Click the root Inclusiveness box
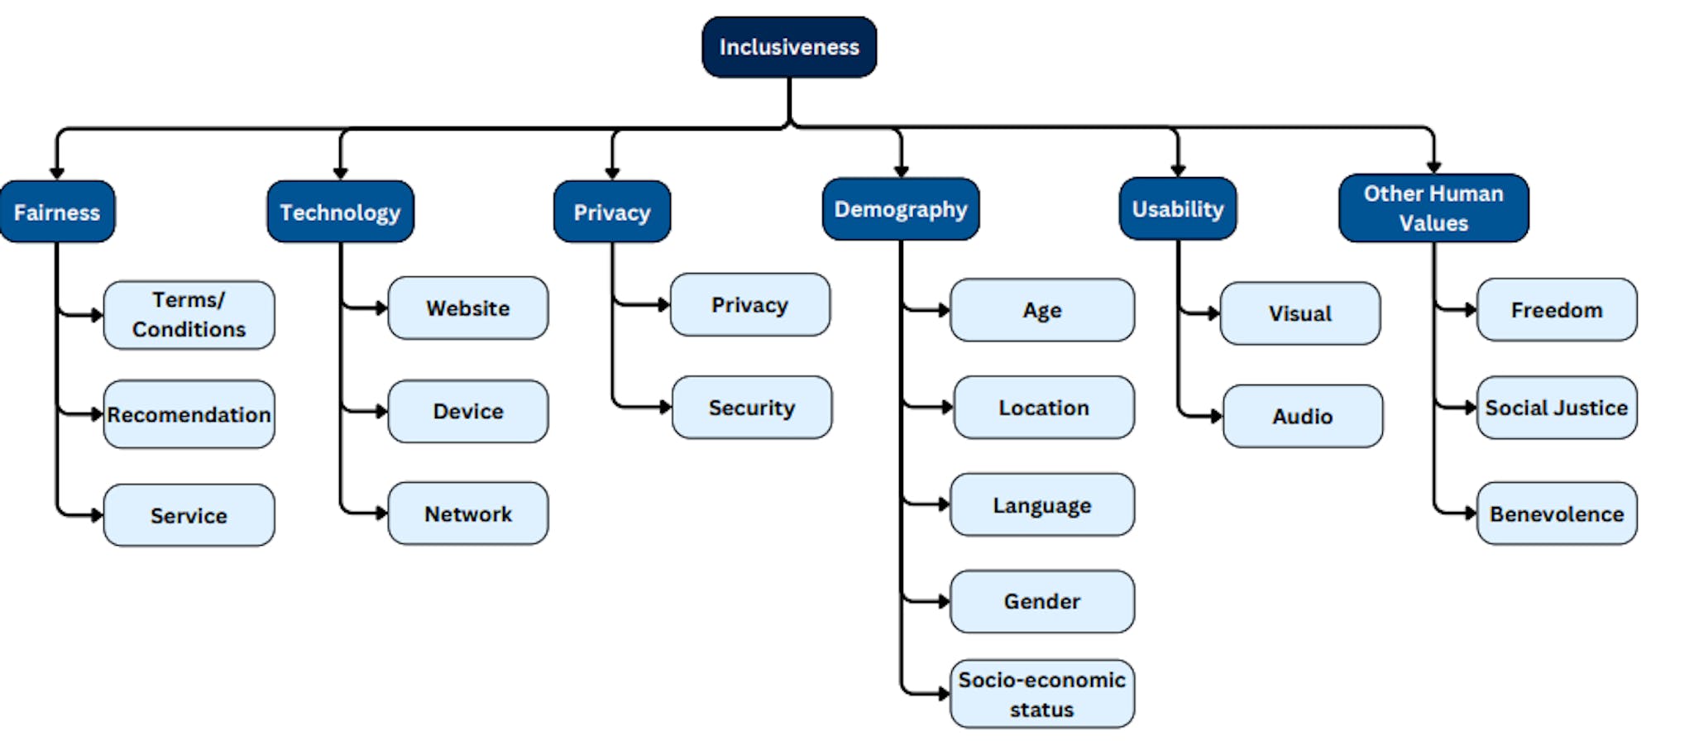788,47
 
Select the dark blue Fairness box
57,213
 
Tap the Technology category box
340,213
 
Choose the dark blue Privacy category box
612,213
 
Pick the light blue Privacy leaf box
749,305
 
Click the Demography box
900,209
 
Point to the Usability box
1177,209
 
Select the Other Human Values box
1433,208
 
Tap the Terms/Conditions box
189,314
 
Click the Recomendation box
189,414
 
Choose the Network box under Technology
467,513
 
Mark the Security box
751,408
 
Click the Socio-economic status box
1041,694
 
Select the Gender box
1041,601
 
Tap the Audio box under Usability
1302,416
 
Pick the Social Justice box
1556,408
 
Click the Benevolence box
1556,513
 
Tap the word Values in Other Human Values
1433,223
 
